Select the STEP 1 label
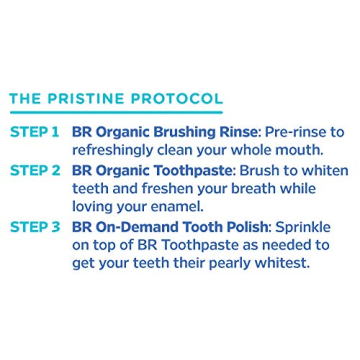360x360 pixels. pos(34,132)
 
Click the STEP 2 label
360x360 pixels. pos(34,172)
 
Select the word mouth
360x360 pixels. pos(298,150)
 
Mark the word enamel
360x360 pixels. pos(175,208)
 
